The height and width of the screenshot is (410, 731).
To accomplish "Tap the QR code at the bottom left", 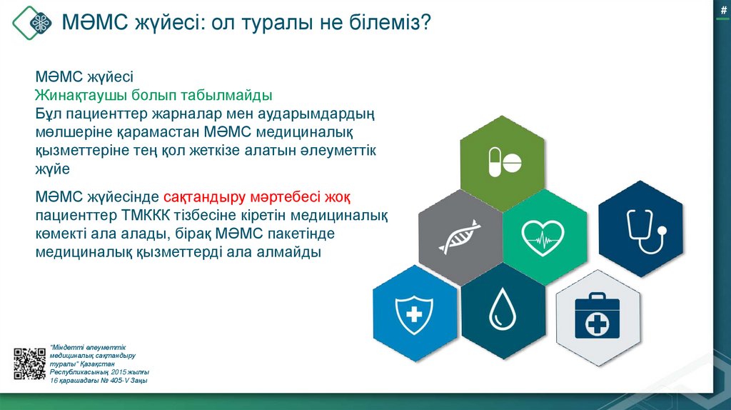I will [x=29, y=363].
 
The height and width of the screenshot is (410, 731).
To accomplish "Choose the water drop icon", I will [x=503, y=309].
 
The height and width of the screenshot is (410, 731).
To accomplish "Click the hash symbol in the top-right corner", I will [x=723, y=9].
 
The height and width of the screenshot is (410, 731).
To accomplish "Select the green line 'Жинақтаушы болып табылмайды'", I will [x=154, y=96].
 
